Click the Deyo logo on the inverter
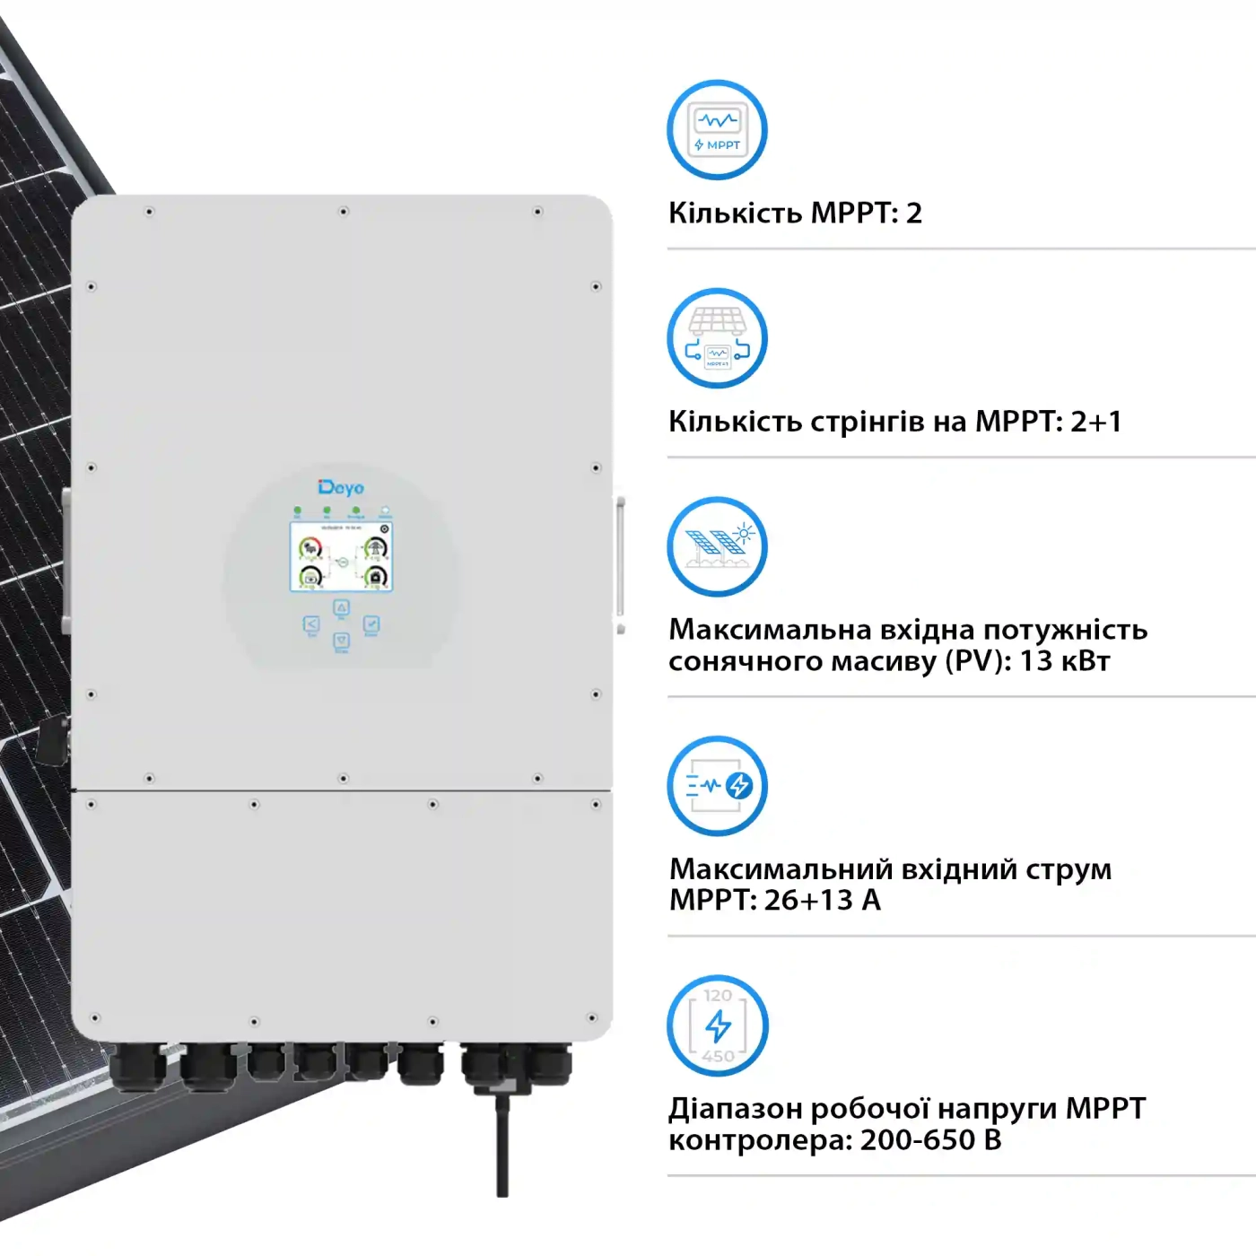point(341,487)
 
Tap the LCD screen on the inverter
point(341,557)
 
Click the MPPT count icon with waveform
point(717,130)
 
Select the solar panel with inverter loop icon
point(717,338)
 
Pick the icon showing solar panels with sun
point(717,546)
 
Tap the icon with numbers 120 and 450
point(717,1025)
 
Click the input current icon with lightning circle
point(717,786)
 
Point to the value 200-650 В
point(930,1140)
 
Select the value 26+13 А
point(822,900)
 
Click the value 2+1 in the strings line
point(1096,422)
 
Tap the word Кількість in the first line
point(736,214)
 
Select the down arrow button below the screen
point(342,641)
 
